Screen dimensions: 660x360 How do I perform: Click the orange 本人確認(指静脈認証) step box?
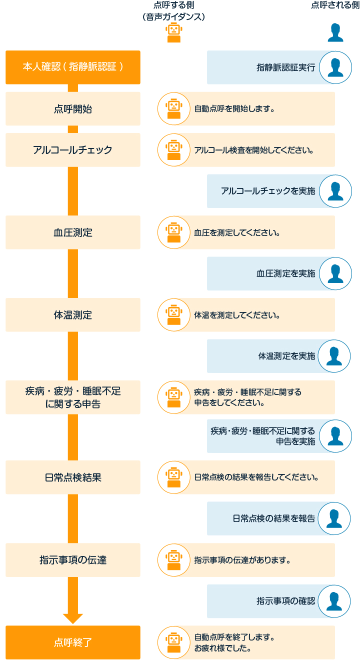(73, 67)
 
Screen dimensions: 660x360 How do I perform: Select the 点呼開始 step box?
(73, 108)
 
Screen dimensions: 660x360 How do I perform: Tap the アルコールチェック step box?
(73, 149)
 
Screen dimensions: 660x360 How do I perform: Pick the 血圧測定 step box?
(73, 232)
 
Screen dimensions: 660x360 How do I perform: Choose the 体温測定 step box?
(73, 314)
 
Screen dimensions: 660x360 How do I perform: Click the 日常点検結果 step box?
(73, 477)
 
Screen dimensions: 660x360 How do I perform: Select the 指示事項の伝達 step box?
(73, 559)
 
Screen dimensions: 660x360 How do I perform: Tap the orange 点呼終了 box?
(73, 642)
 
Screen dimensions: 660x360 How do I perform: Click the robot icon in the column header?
(173, 33)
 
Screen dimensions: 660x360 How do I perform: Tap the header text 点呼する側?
(173, 5)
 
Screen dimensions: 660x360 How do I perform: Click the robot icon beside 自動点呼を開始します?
(173, 108)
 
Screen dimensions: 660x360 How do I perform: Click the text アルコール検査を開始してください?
(254, 149)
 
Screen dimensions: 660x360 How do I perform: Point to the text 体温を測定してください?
(236, 315)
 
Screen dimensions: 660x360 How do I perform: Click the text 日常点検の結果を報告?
(274, 518)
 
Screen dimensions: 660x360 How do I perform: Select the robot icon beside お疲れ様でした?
(173, 642)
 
